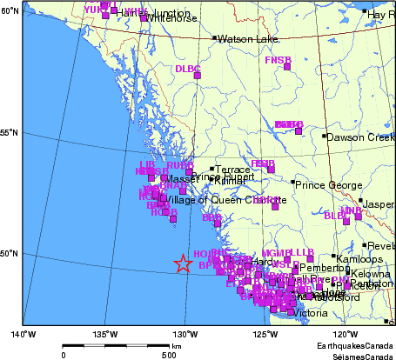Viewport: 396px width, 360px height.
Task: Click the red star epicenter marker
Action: pos(183,263)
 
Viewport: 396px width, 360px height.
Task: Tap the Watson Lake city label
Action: pos(246,39)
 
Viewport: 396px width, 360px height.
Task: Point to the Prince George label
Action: pos(326,184)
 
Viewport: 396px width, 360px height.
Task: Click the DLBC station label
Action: pos(187,68)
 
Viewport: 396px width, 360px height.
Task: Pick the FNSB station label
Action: pos(278,59)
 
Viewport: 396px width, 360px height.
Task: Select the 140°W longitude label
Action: pos(23,333)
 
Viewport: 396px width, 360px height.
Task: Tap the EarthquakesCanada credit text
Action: pos(354,345)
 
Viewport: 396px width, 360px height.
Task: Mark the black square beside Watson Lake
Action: pos(214,38)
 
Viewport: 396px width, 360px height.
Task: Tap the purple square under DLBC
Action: pos(197,77)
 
